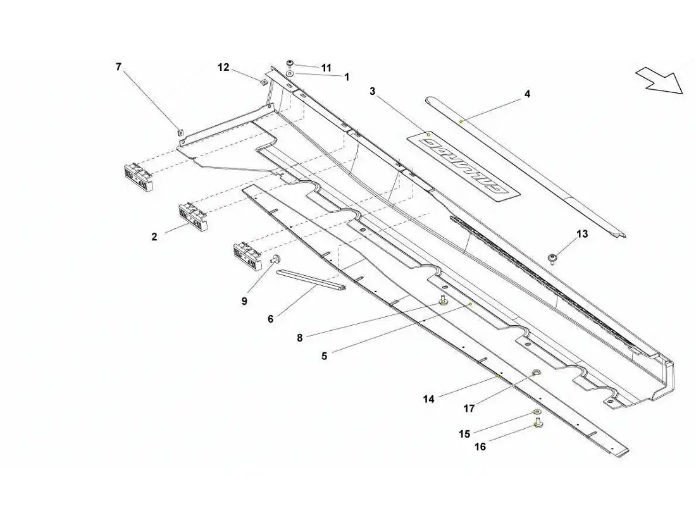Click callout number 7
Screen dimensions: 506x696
coord(118,66)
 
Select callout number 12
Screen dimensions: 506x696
coord(224,66)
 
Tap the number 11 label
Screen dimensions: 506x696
coord(326,68)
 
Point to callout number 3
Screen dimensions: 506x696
coord(373,92)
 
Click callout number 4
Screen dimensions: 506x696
coord(527,94)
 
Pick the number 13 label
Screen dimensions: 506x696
coord(582,234)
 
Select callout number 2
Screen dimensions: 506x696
coord(154,237)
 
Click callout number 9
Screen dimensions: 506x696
coord(244,302)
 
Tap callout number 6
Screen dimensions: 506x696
coord(270,319)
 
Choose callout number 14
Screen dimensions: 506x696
coord(429,399)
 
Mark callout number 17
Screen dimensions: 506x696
coord(469,409)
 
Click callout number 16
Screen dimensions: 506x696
coord(480,447)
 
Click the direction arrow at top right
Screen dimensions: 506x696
coord(660,80)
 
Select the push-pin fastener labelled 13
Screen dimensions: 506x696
coord(552,257)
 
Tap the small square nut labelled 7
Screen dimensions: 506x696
coord(180,132)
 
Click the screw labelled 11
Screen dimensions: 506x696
coord(289,63)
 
